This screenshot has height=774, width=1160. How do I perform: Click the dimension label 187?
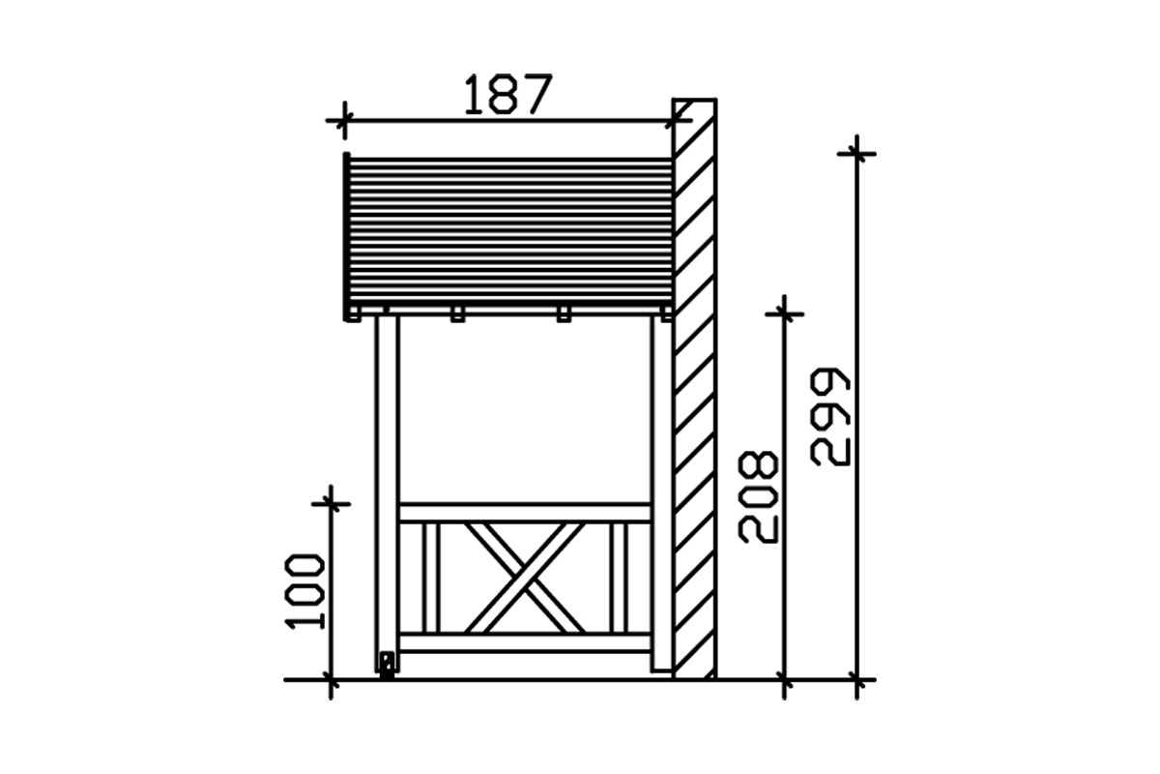point(508,95)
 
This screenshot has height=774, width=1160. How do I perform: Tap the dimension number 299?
point(830,417)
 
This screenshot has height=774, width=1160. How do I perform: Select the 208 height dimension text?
point(758,497)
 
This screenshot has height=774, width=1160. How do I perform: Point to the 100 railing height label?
point(305,592)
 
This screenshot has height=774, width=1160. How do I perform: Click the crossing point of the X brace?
point(525,579)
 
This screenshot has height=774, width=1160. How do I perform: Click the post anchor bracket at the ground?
point(387,665)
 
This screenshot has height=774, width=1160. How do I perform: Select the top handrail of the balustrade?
point(525,512)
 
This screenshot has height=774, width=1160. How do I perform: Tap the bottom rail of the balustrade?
point(525,642)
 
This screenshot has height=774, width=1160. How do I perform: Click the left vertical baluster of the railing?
point(431,578)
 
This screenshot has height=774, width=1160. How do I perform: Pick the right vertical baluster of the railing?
point(619,578)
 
